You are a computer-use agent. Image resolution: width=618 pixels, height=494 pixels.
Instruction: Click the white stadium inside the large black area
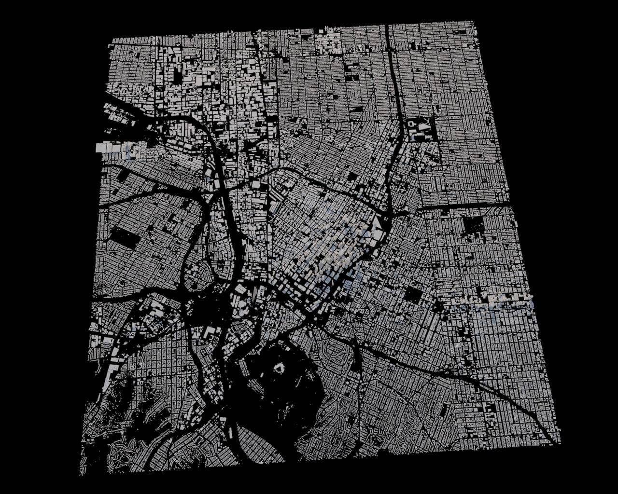(278, 369)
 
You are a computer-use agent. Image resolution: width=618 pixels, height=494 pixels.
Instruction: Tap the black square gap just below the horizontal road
(473, 224)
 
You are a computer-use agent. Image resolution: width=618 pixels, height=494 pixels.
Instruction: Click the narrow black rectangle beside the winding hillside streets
(444, 411)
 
